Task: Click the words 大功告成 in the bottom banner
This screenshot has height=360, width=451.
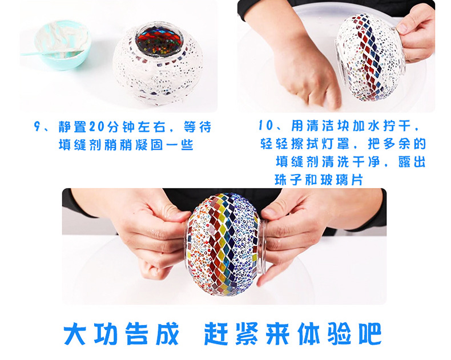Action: [x=121, y=334]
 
